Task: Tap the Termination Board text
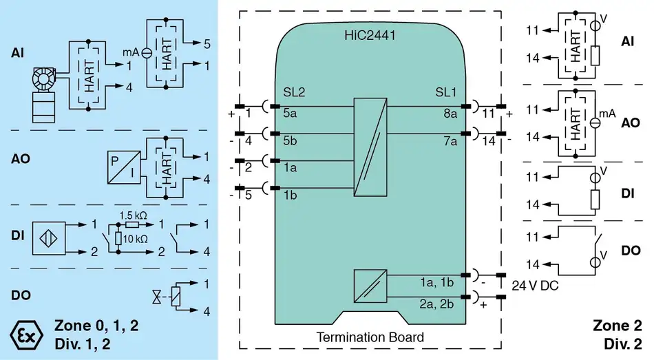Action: [370, 337]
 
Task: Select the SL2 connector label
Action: [294, 92]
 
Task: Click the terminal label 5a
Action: [290, 114]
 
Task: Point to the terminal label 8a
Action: [450, 114]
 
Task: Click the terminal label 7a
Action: [450, 142]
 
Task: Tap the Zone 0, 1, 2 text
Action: [96, 326]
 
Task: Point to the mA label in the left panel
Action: [131, 52]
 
